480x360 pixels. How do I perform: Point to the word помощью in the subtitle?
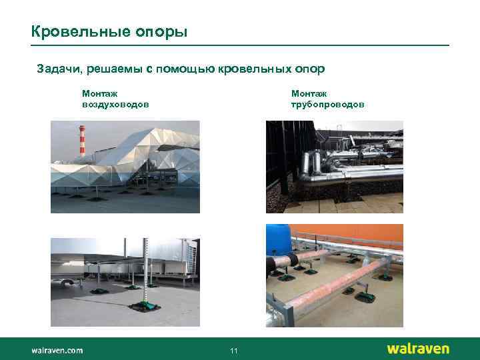coord(179,69)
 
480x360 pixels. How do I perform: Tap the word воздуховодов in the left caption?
coord(115,105)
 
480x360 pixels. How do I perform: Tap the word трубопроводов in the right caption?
coord(327,105)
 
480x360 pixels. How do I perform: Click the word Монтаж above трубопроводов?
coord(308,95)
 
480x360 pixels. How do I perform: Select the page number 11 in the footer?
coord(233,351)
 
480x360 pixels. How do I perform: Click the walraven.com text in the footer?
coord(57,349)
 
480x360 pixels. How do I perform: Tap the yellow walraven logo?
coord(418,349)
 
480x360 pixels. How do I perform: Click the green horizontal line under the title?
coord(240,45)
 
